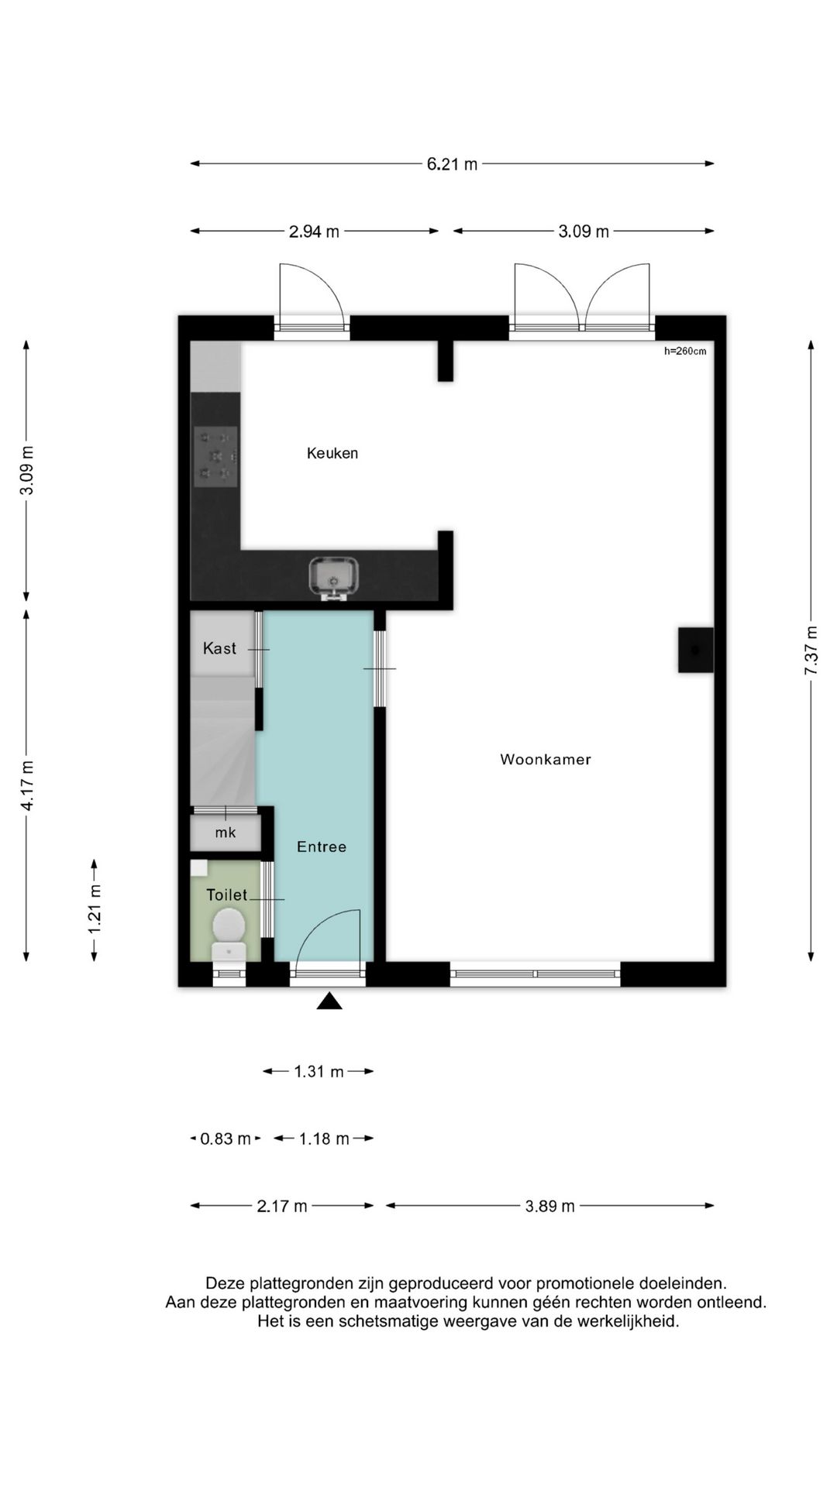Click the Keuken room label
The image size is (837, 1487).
tap(332, 453)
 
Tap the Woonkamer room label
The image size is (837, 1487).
tap(545, 760)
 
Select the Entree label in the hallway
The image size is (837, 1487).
tap(321, 847)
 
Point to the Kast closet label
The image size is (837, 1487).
tap(219, 648)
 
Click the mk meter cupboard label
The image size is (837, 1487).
tap(226, 833)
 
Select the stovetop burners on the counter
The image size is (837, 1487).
tap(215, 457)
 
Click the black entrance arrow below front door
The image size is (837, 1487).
tap(329, 1001)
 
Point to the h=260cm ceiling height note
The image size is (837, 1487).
tap(685, 351)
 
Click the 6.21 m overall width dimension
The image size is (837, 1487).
tap(452, 164)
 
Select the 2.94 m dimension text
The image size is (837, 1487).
tap(314, 232)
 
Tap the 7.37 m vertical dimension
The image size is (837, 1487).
tap(811, 650)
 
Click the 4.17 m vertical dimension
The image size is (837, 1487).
tap(27, 785)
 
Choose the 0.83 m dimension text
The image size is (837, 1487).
tap(225, 1138)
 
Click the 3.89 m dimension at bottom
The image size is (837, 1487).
tap(549, 1206)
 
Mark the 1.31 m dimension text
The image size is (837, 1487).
tap(318, 1072)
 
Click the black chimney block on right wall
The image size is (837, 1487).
tap(695, 650)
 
